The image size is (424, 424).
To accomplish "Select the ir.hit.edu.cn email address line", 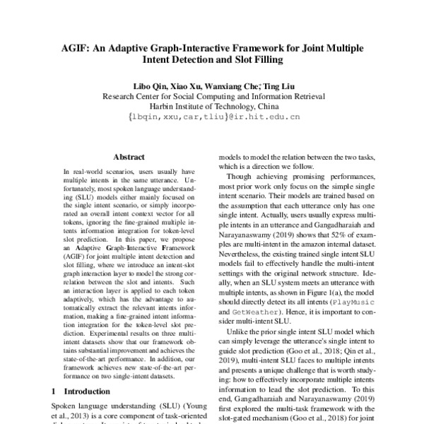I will tap(212, 118).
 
